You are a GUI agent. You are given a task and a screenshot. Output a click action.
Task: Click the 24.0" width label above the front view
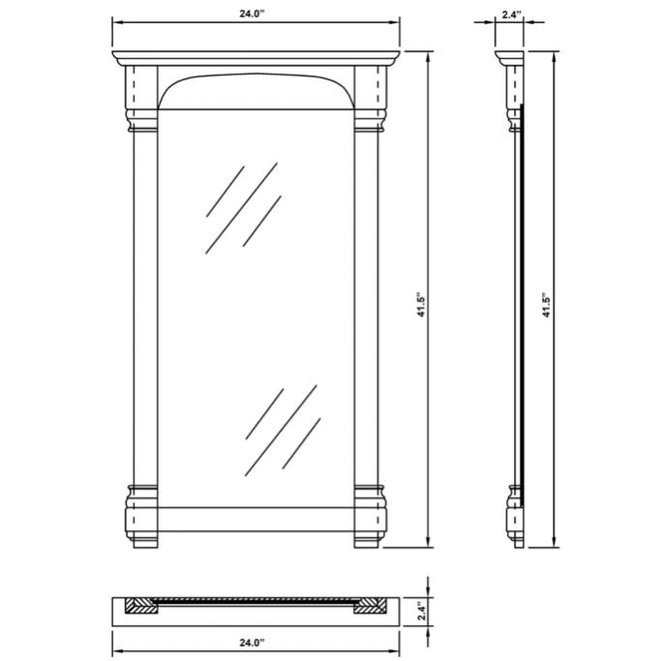[x=252, y=13]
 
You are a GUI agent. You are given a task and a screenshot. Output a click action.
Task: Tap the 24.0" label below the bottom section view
[x=252, y=643]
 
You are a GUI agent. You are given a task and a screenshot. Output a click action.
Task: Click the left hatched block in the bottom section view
[x=141, y=606]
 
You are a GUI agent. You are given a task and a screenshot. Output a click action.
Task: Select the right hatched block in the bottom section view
[x=371, y=606]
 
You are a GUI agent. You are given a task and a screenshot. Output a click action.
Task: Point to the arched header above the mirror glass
[x=256, y=91]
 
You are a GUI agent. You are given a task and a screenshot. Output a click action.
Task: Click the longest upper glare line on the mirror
[x=241, y=208]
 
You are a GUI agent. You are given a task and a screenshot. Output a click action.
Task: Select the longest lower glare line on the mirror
[x=281, y=430]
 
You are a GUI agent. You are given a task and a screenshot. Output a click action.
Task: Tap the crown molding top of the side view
[x=509, y=58]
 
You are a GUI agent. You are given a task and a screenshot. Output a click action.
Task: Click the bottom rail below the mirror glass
[x=256, y=519]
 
